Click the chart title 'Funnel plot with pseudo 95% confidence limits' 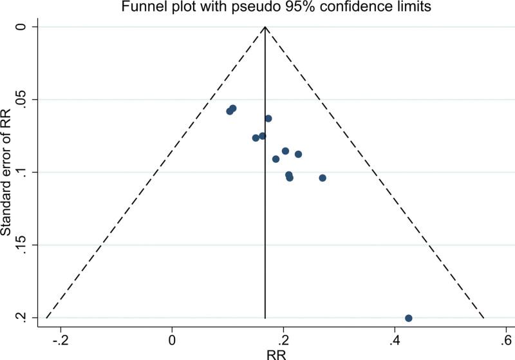coord(265,7)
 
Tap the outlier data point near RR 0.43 coord(408,318)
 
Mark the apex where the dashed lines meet coord(265,27)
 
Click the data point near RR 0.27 coord(323,178)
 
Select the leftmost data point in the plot coord(230,111)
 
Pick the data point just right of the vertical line coord(268,118)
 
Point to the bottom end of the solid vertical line coord(265,318)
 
